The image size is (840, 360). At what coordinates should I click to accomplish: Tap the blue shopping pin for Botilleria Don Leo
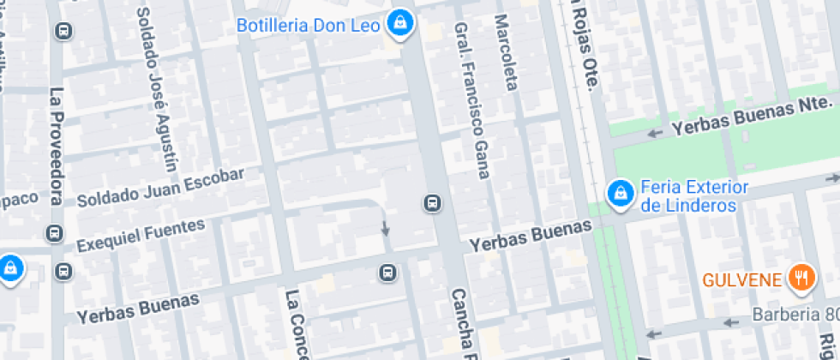(x=399, y=24)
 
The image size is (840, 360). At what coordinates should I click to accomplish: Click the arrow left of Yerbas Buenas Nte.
(x=656, y=133)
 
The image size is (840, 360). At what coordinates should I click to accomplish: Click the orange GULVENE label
(x=742, y=279)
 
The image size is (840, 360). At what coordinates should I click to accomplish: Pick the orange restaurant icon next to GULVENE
(x=801, y=277)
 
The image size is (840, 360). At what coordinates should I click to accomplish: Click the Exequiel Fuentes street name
(x=141, y=236)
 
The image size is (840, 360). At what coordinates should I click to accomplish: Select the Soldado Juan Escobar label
(x=160, y=188)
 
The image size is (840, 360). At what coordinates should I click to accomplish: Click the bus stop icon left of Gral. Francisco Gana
(x=432, y=203)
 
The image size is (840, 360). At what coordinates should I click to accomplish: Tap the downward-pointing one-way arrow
(x=386, y=229)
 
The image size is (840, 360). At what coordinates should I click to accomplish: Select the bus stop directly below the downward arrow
(x=387, y=273)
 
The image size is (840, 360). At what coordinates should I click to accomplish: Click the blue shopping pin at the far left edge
(x=9, y=267)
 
